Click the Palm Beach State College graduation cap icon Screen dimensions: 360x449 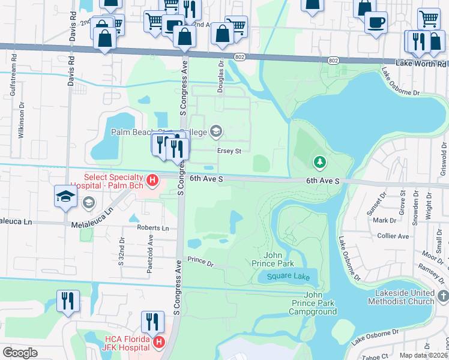tap(216, 131)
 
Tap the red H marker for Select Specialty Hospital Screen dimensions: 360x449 tap(152, 179)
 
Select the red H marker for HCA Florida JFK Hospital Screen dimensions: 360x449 tap(159, 343)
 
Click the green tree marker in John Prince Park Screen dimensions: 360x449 tap(320, 162)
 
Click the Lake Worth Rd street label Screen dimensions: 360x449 tap(421, 63)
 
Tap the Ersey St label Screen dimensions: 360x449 tap(229, 151)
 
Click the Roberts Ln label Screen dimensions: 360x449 tap(152, 228)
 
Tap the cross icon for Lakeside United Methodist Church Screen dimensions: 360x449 tap(443, 296)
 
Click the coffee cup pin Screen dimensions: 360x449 tap(376, 23)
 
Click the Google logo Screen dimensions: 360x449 tap(20, 352)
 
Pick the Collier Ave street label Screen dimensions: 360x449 tap(393, 236)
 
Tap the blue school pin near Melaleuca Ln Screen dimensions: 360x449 tap(66, 196)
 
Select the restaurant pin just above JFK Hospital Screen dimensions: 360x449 tap(152, 321)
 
